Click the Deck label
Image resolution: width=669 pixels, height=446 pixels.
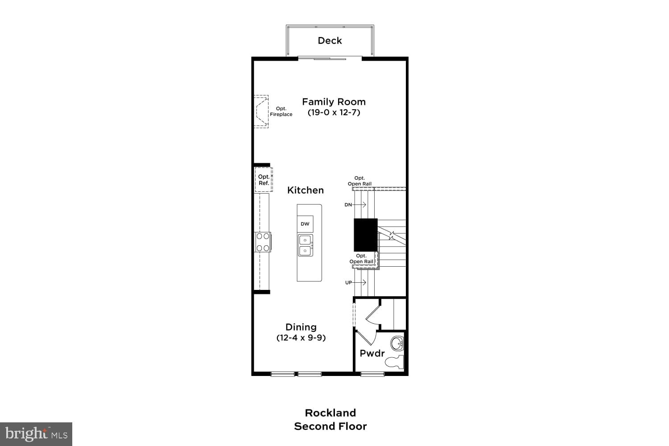tap(330, 41)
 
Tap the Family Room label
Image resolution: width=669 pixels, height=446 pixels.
tap(334, 102)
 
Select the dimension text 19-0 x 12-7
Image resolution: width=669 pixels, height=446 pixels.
tap(334, 112)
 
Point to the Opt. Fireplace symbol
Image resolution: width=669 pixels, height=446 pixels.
tap(261, 111)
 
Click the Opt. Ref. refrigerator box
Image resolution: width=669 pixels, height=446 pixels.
tap(264, 180)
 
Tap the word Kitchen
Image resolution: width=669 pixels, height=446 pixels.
tap(306, 190)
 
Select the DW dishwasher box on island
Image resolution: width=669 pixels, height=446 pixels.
tap(305, 224)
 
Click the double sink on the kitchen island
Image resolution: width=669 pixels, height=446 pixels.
tap(306, 245)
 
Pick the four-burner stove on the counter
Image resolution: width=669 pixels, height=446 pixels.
tap(263, 242)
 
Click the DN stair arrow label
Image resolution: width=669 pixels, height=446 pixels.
tap(348, 205)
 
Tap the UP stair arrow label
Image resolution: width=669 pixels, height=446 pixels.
tap(349, 282)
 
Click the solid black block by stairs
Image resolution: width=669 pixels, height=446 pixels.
tap(366, 235)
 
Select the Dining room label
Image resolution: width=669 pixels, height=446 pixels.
tap(301, 327)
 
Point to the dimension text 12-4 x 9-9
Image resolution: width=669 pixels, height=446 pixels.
tap(301, 338)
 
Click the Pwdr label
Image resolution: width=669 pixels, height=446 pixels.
tap(372, 353)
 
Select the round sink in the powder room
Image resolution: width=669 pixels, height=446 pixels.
tap(396, 344)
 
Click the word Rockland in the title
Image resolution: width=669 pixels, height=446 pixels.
tap(330, 413)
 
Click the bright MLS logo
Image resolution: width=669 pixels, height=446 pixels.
tap(36, 434)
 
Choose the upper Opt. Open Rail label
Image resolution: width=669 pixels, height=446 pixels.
tap(359, 181)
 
